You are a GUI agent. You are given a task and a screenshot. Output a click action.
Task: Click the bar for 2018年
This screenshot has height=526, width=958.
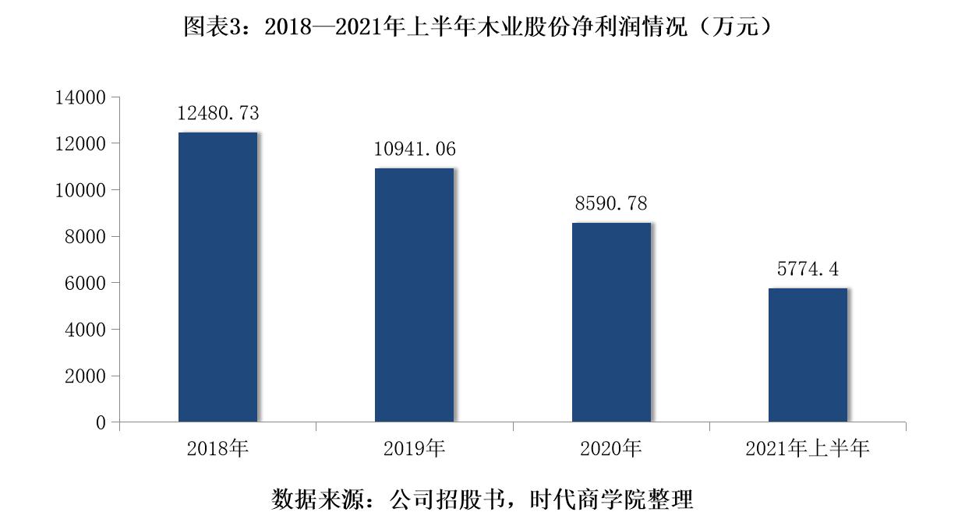click(x=217, y=277)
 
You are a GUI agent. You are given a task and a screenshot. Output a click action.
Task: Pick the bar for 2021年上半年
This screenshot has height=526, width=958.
click(x=808, y=355)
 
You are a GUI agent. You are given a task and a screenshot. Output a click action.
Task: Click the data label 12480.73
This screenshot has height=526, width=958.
click(x=217, y=113)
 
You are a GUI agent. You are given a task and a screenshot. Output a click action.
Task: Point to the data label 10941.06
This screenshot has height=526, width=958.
click(x=415, y=149)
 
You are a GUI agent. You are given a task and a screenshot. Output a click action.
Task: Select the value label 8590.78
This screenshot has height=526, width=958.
click(x=611, y=204)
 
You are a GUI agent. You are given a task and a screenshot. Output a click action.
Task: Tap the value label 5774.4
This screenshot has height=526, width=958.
click(x=808, y=270)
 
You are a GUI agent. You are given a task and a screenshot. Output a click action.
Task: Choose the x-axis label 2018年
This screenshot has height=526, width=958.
click(x=217, y=449)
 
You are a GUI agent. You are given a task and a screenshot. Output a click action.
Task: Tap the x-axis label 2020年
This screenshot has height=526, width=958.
click(x=611, y=449)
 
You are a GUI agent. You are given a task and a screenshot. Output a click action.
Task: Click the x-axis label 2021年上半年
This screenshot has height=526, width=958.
click(x=808, y=449)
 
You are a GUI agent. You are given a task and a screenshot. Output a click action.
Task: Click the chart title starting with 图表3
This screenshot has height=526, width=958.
click(x=478, y=27)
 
